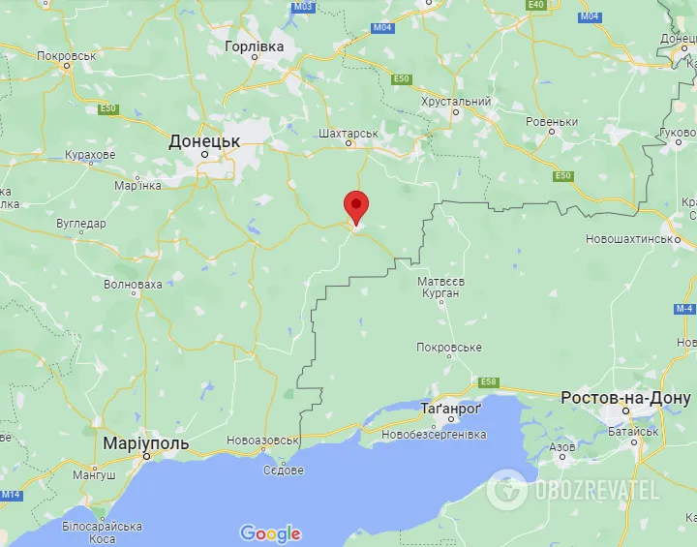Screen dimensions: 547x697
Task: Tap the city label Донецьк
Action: (204, 141)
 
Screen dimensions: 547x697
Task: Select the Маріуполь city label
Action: (146, 443)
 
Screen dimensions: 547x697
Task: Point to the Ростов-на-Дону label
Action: (625, 399)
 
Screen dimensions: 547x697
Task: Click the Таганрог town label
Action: (451, 410)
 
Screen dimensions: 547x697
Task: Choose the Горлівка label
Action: (255, 46)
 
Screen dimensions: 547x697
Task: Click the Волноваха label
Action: (134, 285)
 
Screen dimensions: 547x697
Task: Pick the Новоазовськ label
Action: (261, 441)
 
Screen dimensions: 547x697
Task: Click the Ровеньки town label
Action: (552, 122)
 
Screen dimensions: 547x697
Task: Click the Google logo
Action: (270, 533)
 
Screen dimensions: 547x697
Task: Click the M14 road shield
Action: (10, 495)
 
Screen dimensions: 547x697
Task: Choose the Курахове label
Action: (90, 155)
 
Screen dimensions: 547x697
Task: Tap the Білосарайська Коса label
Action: (102, 532)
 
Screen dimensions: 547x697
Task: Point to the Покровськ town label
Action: (67, 56)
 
